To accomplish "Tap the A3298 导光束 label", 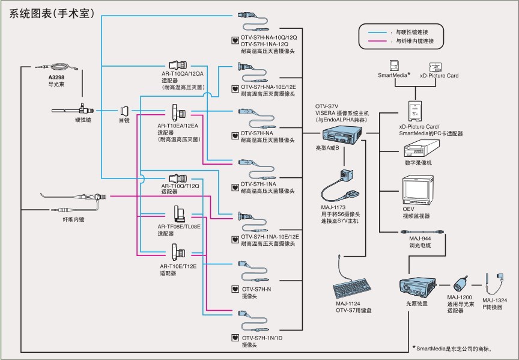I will pos(58,81).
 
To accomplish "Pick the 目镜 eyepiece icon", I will pos(124,111).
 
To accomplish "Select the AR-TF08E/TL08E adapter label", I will pos(179,227).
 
